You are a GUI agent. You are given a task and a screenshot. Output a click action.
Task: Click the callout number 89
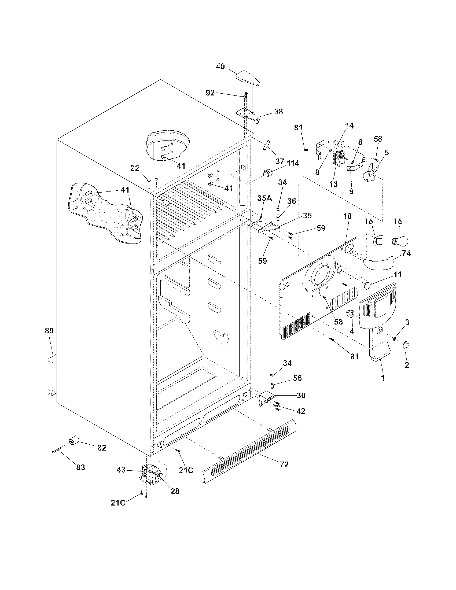pyautogui.click(x=49, y=331)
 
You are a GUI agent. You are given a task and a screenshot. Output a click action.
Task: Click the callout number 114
pyautogui.click(x=293, y=163)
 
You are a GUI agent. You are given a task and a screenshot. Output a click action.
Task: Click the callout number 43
pyautogui.click(x=121, y=470)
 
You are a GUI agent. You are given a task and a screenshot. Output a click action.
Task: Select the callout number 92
pyautogui.click(x=210, y=93)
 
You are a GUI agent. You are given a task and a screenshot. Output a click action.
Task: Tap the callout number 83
pyautogui.click(x=80, y=467)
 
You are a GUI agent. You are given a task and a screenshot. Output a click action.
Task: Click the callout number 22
pyautogui.click(x=135, y=168)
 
